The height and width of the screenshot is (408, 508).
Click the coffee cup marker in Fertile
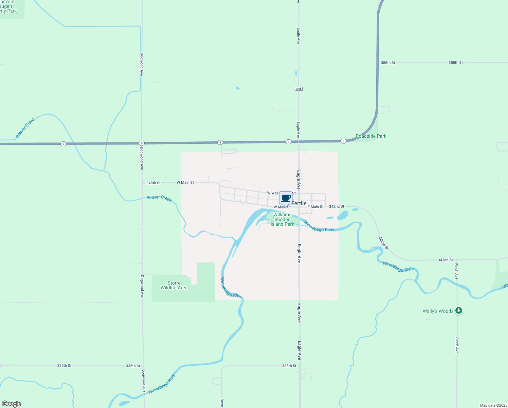[x=286, y=198]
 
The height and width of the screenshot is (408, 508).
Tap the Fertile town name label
[x=299, y=203]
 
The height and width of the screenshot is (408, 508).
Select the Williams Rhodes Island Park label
[x=283, y=219]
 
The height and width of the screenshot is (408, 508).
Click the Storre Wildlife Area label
[x=174, y=285]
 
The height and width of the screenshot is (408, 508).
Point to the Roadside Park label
[x=371, y=136]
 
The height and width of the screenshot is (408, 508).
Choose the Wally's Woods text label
[x=438, y=311]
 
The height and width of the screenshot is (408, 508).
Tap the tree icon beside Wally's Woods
[x=459, y=310]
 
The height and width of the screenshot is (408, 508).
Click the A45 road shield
[x=298, y=89]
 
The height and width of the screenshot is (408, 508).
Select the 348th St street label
[x=153, y=183]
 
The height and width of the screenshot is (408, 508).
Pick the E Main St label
[x=315, y=207]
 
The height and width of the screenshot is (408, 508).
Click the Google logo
[x=12, y=404]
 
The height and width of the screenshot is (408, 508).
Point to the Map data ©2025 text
[x=493, y=405]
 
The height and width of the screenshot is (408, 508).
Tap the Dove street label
[x=222, y=403]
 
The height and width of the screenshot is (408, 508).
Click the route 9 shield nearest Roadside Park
[x=343, y=141]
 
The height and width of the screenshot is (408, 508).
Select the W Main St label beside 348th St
[x=185, y=183]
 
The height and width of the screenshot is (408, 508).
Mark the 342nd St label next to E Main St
[x=337, y=206]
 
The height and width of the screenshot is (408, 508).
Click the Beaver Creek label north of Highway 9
[x=25, y=128]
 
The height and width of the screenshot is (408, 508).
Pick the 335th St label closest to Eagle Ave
[x=289, y=366]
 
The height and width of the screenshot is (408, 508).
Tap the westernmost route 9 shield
[x=63, y=144]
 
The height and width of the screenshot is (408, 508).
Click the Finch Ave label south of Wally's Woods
[x=457, y=345]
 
